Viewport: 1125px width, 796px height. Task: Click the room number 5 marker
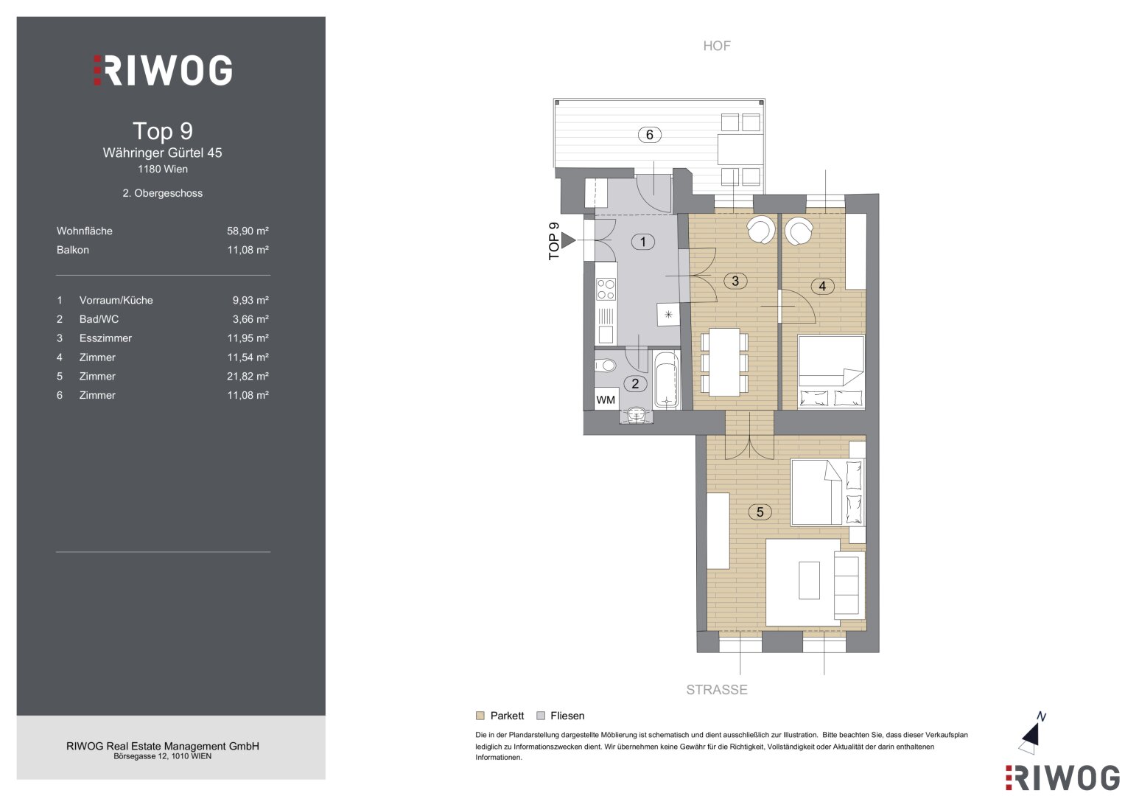coord(760,512)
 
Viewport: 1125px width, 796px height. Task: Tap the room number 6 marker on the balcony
coord(649,135)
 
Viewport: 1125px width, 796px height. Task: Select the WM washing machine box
coord(605,399)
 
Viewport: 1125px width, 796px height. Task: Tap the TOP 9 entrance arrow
coord(568,240)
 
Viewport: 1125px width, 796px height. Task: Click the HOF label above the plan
coord(717,46)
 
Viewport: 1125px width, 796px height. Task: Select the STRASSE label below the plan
coord(717,689)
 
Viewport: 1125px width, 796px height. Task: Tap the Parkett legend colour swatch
coord(480,716)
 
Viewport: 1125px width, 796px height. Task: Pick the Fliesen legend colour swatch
coord(541,716)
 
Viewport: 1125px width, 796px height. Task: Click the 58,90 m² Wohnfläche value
coord(248,231)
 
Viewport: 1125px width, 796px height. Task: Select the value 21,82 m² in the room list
coord(248,377)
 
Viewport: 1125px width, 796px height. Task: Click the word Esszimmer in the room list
coord(105,338)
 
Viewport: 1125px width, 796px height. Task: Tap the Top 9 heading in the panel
coord(163,131)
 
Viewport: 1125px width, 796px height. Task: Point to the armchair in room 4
coord(799,230)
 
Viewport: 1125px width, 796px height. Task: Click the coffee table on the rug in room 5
coord(809,581)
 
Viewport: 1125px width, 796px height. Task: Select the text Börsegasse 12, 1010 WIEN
coord(163,756)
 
